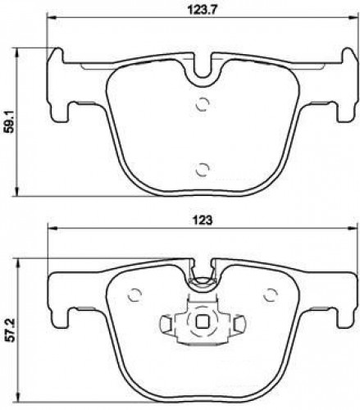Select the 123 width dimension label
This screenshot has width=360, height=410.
click(x=203, y=221)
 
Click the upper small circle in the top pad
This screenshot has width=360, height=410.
click(x=203, y=104)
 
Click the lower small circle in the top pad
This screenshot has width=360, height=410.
click(x=203, y=170)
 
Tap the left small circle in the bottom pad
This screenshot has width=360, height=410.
click(x=134, y=294)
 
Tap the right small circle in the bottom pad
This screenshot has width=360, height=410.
click(x=270, y=294)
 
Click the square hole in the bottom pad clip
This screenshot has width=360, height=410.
click(x=203, y=322)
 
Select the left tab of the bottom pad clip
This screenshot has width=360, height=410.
click(x=166, y=323)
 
